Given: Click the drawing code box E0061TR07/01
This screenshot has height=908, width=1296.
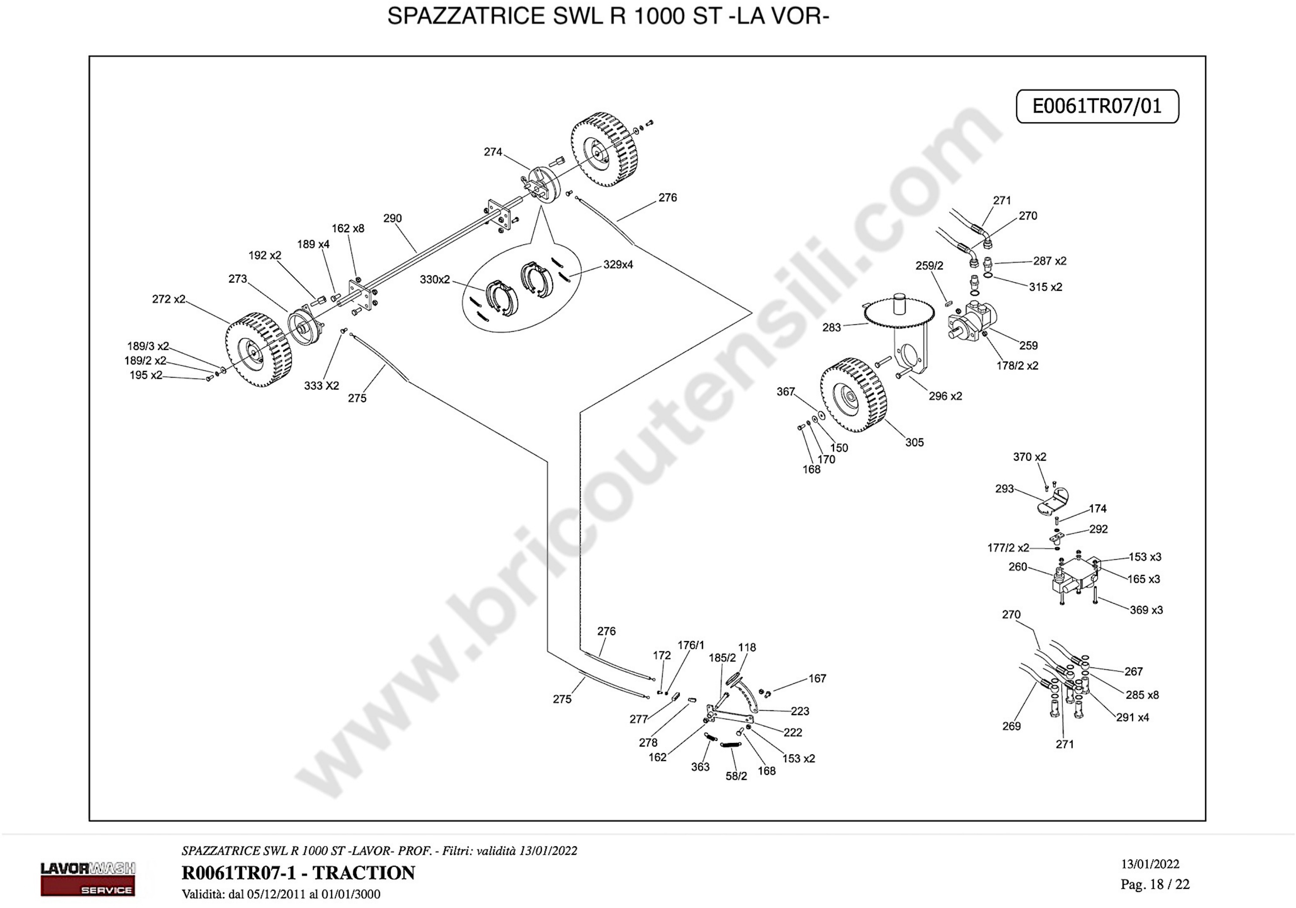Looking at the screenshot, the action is (x=1097, y=106).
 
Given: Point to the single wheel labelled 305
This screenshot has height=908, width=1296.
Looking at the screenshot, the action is (x=854, y=396).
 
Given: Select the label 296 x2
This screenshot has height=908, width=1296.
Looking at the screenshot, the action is (x=945, y=396).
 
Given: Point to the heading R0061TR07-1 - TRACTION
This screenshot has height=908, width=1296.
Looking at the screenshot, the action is (x=298, y=873).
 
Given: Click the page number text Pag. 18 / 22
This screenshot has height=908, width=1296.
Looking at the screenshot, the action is (x=1155, y=884).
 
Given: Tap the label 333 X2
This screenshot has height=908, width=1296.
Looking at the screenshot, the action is (x=322, y=385).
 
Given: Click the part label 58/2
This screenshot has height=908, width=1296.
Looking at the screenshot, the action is (x=736, y=777).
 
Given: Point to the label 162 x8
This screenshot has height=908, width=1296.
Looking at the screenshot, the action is (x=348, y=229).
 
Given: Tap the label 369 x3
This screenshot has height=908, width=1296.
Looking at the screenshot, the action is (x=1146, y=610).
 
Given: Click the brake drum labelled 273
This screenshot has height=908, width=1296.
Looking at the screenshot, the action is (x=305, y=328).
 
